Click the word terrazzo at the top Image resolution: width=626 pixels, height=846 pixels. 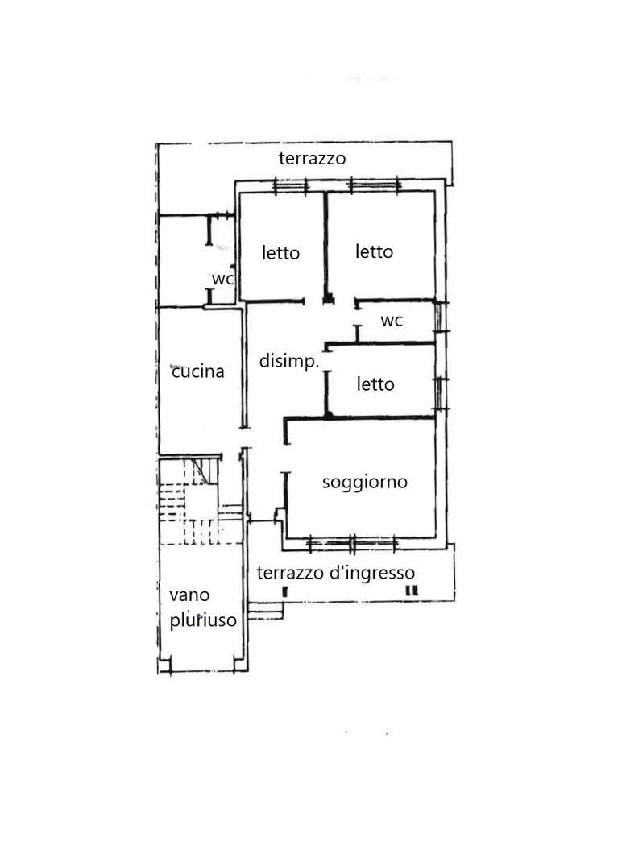click(x=312, y=159)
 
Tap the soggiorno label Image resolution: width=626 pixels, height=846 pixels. click(x=365, y=483)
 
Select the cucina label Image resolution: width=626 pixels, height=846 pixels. click(x=197, y=371)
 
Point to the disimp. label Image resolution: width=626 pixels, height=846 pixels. click(x=289, y=361)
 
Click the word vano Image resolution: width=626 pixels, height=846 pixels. click(x=189, y=595)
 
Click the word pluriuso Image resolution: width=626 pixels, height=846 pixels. click(x=203, y=620)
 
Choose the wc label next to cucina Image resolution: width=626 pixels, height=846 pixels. click(x=222, y=279)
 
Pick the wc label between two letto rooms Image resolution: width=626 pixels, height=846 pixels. click(x=392, y=321)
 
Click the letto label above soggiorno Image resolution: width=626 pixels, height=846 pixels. click(x=375, y=384)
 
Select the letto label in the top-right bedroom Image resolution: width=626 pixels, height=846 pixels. click(x=374, y=251)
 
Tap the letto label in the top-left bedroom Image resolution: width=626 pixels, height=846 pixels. click(x=280, y=252)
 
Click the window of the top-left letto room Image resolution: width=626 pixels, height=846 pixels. click(x=290, y=186)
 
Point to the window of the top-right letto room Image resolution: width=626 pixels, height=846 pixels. click(x=375, y=185)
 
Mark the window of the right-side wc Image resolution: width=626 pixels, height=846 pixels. click(x=442, y=317)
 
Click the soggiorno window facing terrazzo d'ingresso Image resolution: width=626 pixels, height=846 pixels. click(x=352, y=544)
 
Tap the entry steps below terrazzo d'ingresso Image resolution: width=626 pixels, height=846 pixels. click(x=265, y=612)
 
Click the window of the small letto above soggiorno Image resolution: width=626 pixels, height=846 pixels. click(x=442, y=393)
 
